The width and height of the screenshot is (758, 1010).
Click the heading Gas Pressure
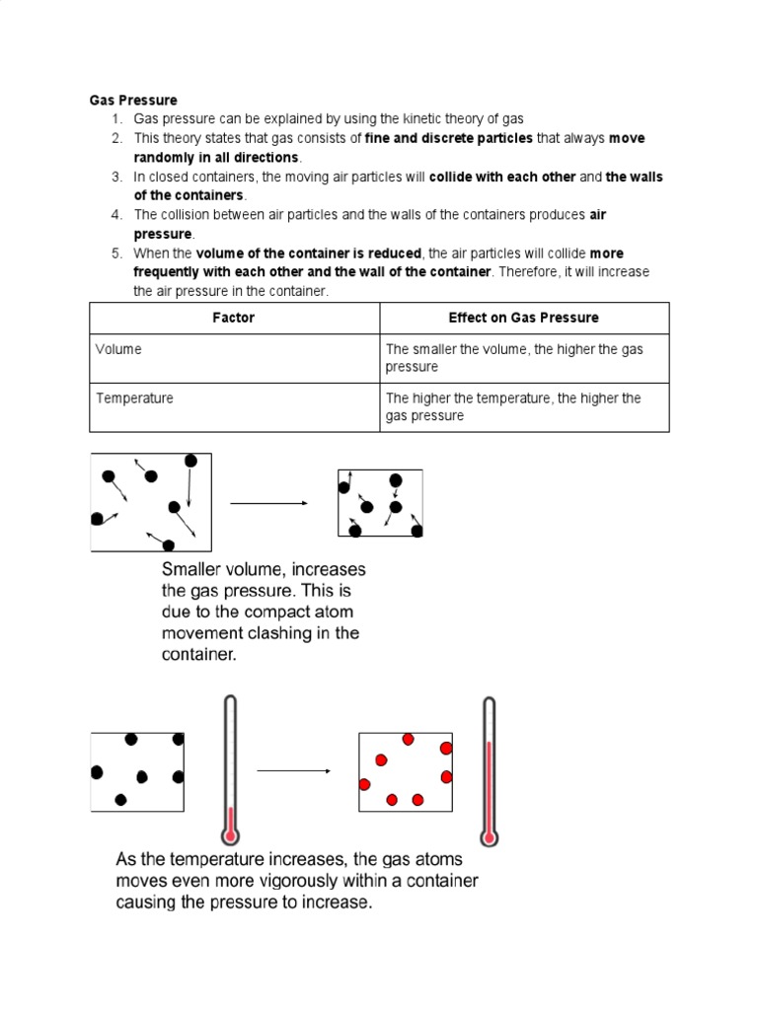point(133,100)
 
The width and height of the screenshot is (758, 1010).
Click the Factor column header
point(234,318)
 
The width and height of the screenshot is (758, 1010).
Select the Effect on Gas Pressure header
point(523,318)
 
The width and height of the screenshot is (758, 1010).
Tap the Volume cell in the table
point(118,349)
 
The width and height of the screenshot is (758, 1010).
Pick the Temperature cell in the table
point(134,398)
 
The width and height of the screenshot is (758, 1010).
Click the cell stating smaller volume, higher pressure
point(513,358)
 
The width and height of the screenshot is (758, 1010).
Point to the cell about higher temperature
point(513,407)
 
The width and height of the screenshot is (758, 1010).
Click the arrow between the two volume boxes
point(268,503)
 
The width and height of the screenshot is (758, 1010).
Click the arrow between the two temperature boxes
point(292,771)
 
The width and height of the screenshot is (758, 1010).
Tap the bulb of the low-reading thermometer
point(230,834)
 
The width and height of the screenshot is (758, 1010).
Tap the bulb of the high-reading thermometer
point(488,836)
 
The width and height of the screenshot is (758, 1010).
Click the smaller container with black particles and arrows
point(380,503)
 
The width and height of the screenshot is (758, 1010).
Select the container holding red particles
point(405,772)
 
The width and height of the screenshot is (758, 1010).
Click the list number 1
point(115,118)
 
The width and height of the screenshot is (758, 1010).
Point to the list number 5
point(115,253)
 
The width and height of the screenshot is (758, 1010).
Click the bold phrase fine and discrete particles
point(448,138)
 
